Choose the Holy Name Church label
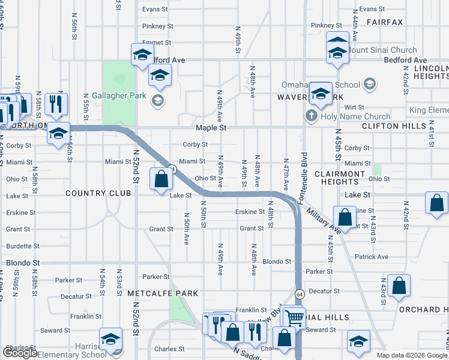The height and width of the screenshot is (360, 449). (x=356, y=116)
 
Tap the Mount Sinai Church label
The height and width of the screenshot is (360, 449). (x=382, y=50)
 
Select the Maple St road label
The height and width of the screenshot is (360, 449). (x=210, y=128)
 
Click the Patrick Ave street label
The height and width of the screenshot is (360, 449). (x=371, y=257)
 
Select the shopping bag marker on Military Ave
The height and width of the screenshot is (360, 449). (x=345, y=217)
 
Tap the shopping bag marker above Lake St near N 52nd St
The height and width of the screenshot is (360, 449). (x=161, y=178)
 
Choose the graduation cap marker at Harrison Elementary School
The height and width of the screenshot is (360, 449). (x=110, y=340)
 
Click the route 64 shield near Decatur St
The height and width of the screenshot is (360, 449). (x=299, y=293)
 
